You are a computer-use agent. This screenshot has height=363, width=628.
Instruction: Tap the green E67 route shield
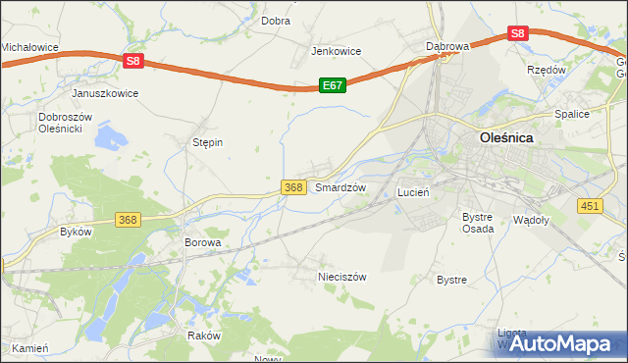point(333,86)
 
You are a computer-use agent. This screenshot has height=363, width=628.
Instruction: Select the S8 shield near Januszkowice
point(134,61)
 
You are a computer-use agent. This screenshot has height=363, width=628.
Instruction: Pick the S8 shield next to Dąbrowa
point(519,33)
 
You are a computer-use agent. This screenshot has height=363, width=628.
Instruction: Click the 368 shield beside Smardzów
point(292,187)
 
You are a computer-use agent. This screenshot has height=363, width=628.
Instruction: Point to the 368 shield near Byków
point(128,219)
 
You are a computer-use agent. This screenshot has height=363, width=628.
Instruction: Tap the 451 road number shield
point(590,204)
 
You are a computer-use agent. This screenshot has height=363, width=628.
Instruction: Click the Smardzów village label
point(340,187)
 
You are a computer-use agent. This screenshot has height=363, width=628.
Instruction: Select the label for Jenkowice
point(337,51)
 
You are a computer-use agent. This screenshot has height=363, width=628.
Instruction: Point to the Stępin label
point(207,142)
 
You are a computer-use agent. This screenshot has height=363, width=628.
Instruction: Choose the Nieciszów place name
point(341,277)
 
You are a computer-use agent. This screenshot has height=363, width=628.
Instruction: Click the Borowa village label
point(203,241)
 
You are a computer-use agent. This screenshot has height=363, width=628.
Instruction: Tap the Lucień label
point(413,193)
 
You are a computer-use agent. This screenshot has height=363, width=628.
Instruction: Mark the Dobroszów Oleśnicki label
point(65,123)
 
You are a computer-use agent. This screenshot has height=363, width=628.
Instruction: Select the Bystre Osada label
point(477,222)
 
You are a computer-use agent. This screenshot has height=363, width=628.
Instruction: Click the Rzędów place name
point(547,71)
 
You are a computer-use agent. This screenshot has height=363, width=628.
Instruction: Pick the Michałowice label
point(29,46)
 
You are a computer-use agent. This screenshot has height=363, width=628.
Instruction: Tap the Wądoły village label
point(531,220)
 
